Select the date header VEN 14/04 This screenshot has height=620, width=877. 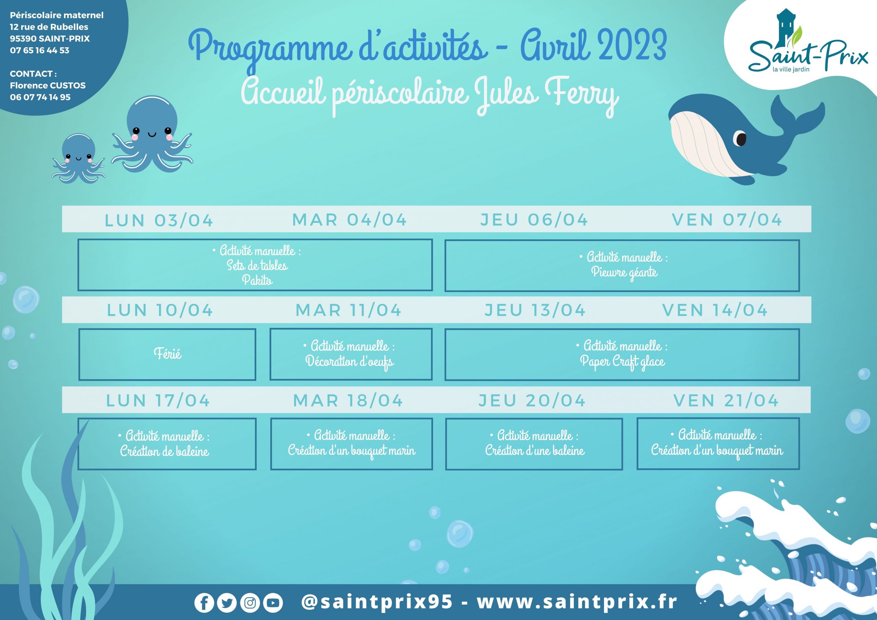click(715, 310)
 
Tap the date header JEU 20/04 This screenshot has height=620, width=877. click(532, 400)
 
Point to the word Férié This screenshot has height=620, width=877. click(167, 354)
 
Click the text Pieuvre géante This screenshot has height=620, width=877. click(624, 272)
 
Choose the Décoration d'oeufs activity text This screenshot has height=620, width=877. click(349, 361)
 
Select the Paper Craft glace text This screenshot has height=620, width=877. click(622, 361)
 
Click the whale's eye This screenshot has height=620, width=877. click(741, 139)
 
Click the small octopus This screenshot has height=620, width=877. click(78, 159)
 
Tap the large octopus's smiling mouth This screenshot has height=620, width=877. click(152, 135)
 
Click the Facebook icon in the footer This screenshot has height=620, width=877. click(204, 603)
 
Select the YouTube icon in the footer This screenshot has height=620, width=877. click(273, 603)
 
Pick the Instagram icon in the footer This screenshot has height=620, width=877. click(250, 603)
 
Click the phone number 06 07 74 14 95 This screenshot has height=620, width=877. click(40, 97)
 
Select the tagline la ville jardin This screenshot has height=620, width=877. click(791, 70)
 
